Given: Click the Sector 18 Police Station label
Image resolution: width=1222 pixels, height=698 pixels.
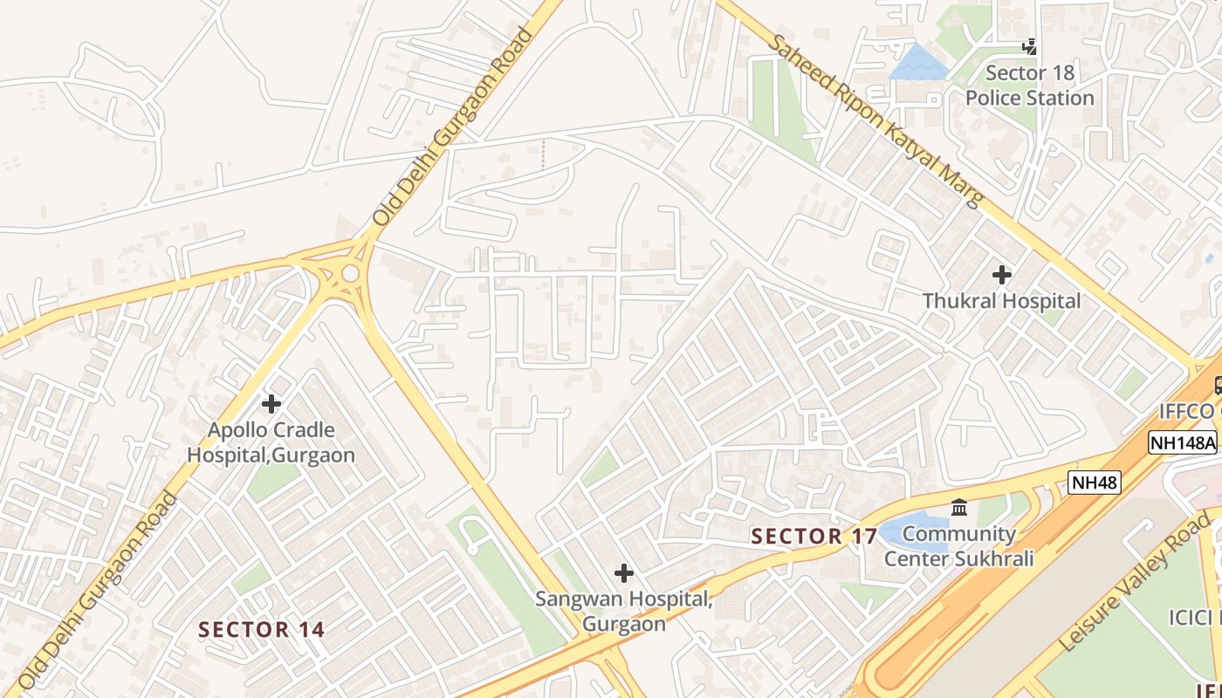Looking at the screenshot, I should point(1029,86).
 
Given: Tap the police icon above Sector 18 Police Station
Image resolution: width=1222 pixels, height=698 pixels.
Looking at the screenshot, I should point(1030,46).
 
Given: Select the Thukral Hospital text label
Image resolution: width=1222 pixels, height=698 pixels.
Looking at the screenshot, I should point(1001,301).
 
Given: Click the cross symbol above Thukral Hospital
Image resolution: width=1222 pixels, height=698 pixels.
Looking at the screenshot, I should point(1002,275).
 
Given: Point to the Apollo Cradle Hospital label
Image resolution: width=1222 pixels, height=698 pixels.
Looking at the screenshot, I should point(271,442).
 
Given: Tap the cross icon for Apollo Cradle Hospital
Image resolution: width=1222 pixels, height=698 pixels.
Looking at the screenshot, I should point(271,404).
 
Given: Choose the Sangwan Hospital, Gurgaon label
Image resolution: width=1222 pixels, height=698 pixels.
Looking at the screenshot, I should point(623,611).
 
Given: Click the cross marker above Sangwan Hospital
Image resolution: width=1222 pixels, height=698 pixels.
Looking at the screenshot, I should point(623,573).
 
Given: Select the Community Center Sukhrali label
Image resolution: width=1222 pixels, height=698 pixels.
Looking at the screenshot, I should point(958,546).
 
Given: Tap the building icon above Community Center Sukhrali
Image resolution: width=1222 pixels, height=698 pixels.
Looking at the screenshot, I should point(959,507).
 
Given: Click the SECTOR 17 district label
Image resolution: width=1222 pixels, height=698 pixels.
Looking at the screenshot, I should point(814,537).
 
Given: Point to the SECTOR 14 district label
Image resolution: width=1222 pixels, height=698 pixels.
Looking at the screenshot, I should point(261,629).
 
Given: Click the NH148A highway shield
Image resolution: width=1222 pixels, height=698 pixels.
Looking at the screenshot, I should point(1183,442).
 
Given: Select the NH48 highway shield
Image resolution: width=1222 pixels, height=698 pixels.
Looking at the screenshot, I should point(1094,482).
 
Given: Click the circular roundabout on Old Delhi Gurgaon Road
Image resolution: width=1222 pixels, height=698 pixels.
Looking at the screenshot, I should point(350,273).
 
